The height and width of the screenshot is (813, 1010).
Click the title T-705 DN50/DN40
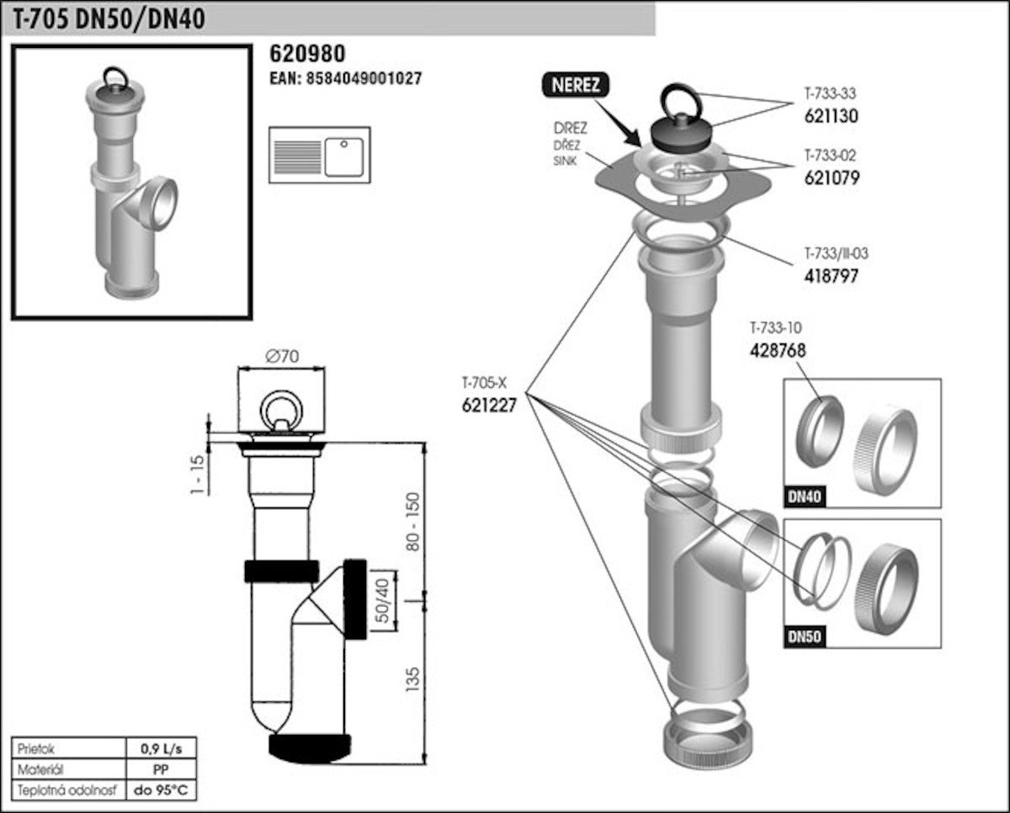[x=109, y=19]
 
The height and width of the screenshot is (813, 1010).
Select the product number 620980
[x=306, y=54]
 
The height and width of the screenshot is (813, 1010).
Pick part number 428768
[x=778, y=351]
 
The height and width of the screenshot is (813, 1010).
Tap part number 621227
[x=488, y=404]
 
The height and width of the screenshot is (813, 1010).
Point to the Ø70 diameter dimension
[x=283, y=356]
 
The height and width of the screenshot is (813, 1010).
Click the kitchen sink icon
[x=319, y=155]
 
